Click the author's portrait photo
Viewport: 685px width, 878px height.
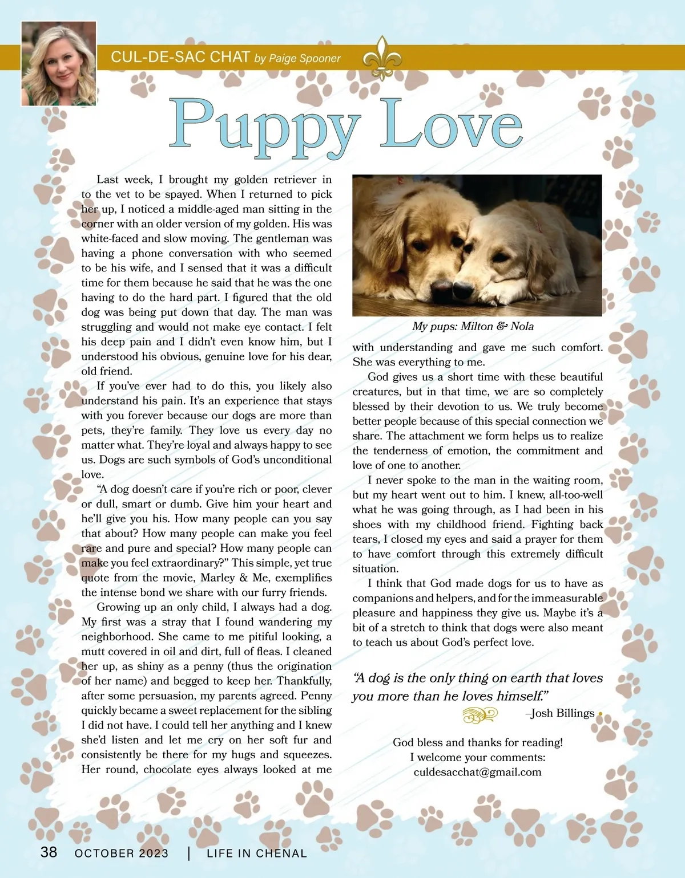pyautogui.click(x=58, y=63)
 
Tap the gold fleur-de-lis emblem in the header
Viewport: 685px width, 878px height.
pyautogui.click(x=382, y=58)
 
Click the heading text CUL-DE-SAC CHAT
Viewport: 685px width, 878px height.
pyautogui.click(x=180, y=57)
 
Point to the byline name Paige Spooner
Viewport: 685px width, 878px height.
pyautogui.click(x=305, y=58)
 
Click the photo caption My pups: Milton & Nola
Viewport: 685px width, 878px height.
pyautogui.click(x=473, y=326)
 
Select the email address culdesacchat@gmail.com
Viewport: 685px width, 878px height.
pyautogui.click(x=477, y=772)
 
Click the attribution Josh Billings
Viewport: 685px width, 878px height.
pyautogui.click(x=562, y=713)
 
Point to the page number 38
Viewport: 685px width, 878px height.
pyautogui.click(x=49, y=852)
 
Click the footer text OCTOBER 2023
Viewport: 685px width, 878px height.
pyautogui.click(x=122, y=853)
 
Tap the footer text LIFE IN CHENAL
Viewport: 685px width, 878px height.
pyautogui.click(x=257, y=853)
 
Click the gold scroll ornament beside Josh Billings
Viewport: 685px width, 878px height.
pyautogui.click(x=480, y=714)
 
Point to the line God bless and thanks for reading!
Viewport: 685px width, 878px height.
pyautogui.click(x=477, y=742)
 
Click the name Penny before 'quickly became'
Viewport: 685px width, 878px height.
pyautogui.click(x=316, y=696)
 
